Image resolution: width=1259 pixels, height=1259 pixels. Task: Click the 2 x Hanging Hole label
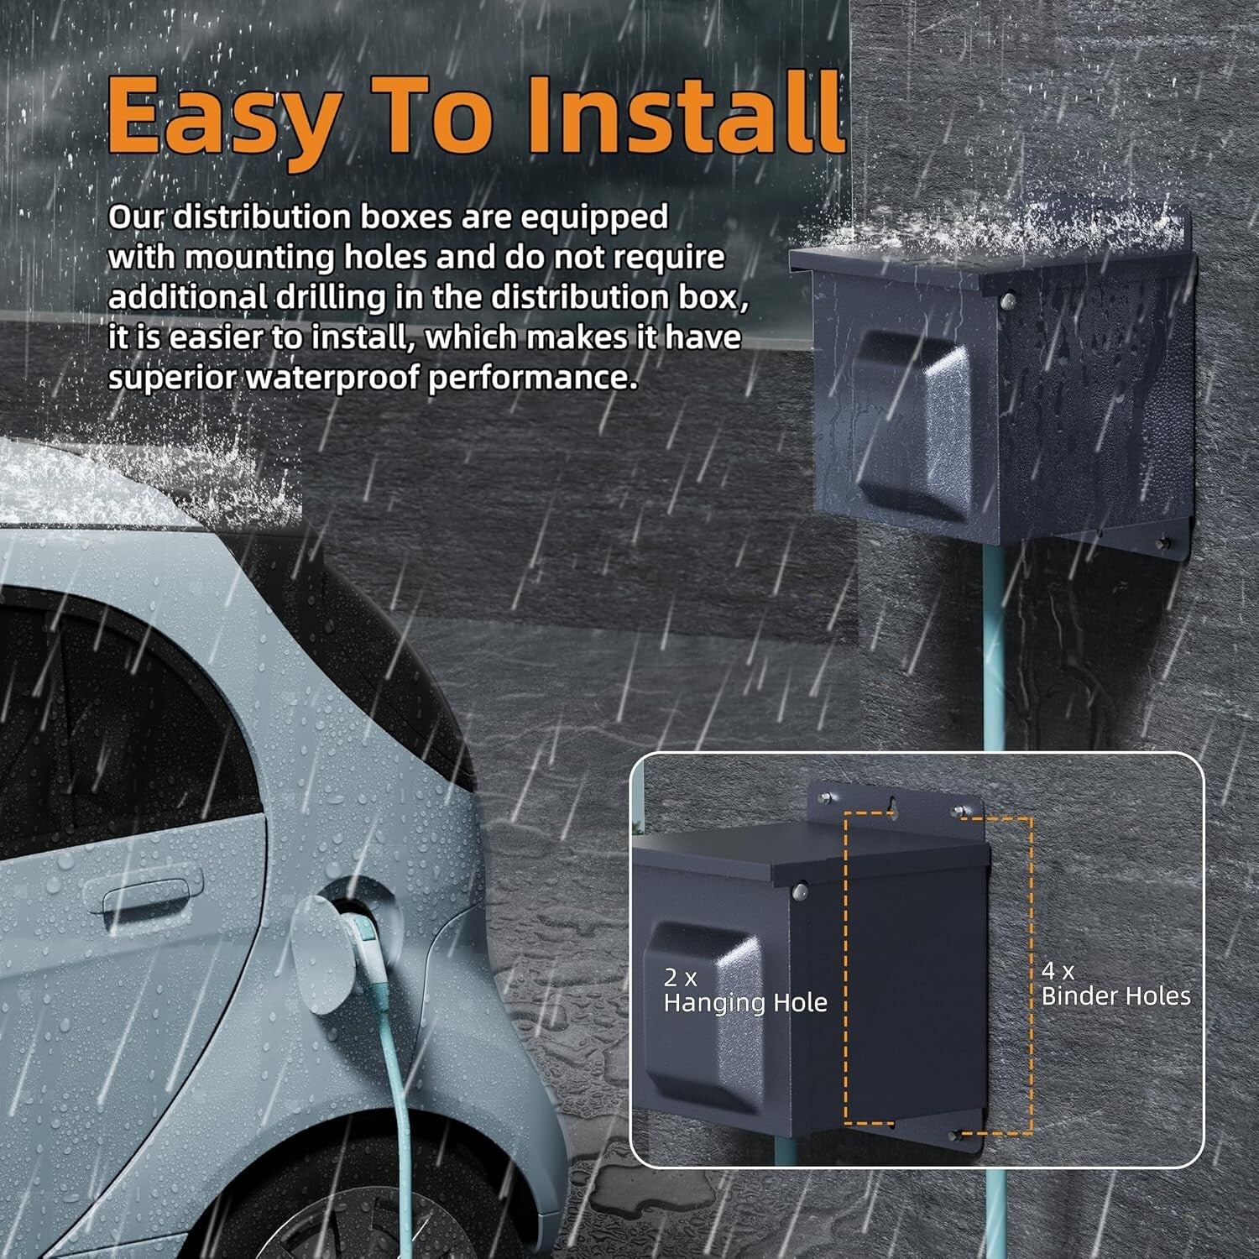745,990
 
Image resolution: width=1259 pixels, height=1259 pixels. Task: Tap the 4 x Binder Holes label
1115,984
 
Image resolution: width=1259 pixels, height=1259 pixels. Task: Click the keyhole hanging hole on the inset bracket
890,805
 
